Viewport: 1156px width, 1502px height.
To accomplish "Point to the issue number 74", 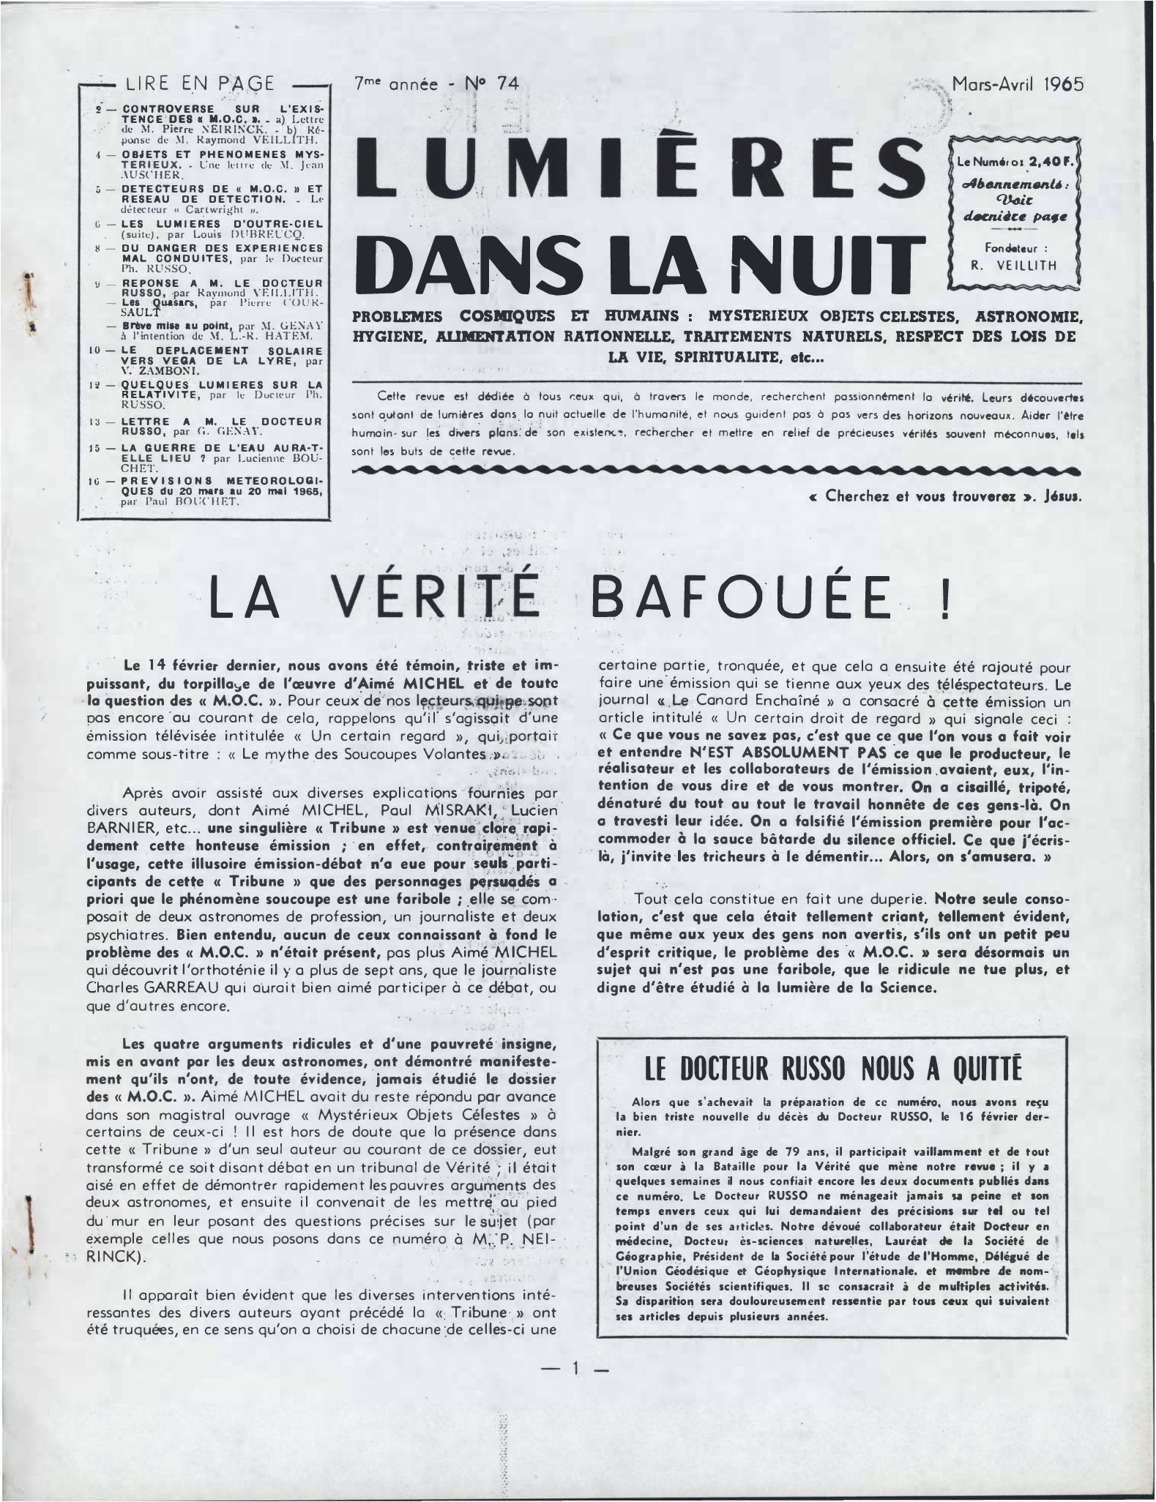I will click(507, 84).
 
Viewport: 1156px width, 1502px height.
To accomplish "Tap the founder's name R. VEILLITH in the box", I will click(1014, 266).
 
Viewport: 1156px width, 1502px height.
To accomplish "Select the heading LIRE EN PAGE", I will click(201, 83).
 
